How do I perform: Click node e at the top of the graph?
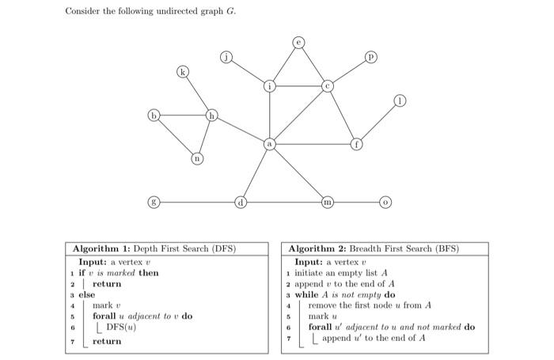pyautogui.click(x=298, y=41)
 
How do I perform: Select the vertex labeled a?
pyautogui.click(x=270, y=145)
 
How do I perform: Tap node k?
pyautogui.click(x=184, y=73)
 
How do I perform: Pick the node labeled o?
pyautogui.click(x=385, y=202)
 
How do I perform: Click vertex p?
pyautogui.click(x=370, y=57)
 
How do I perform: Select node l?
pyautogui.click(x=401, y=101)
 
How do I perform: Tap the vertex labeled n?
pyautogui.click(x=197, y=159)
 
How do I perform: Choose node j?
pyautogui.click(x=226, y=57)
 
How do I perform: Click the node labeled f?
pyautogui.click(x=357, y=145)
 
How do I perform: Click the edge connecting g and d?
pyautogui.click(x=197, y=202)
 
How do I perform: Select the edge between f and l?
pyautogui.click(x=379, y=123)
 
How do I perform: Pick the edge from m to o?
pyautogui.click(x=356, y=202)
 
